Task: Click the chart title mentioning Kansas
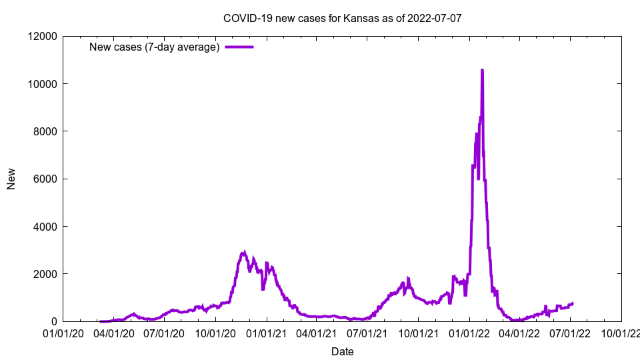pos(342,18)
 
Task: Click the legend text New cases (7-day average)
pos(155,47)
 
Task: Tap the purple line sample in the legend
pos(239,47)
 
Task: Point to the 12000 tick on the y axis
pos(43,36)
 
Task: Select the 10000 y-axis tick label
pos(43,84)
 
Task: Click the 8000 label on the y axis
pos(45,131)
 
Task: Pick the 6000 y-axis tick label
pos(45,179)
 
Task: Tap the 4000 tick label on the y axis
pos(45,227)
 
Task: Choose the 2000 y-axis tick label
pos(45,274)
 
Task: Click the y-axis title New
pos(11,179)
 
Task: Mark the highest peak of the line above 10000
pos(482,70)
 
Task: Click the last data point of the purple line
pos(572,303)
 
